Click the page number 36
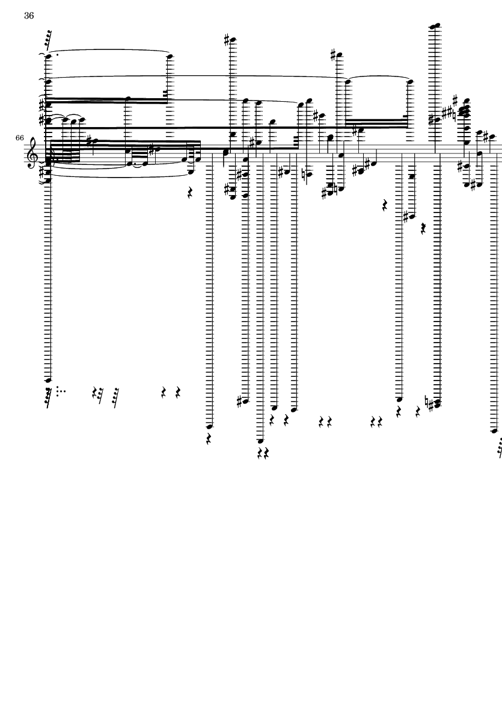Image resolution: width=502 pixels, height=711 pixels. click(x=29, y=16)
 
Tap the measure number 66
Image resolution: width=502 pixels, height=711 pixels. click(x=19, y=137)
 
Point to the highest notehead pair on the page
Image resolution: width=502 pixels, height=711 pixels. click(x=435, y=26)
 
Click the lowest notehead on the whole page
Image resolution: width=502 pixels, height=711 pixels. click(x=260, y=441)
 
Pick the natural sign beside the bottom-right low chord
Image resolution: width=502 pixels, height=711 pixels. click(x=427, y=400)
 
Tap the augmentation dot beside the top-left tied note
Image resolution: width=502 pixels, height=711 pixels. click(x=58, y=56)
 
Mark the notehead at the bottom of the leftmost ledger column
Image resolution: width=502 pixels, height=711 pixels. click(x=48, y=380)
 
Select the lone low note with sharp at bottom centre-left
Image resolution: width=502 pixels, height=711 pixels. click(x=243, y=401)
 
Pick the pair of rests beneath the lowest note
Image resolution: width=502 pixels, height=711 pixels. click(x=263, y=453)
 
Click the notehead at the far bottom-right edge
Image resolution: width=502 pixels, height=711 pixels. click(x=494, y=431)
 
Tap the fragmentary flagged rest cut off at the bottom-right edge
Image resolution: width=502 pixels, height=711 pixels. click(x=499, y=446)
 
